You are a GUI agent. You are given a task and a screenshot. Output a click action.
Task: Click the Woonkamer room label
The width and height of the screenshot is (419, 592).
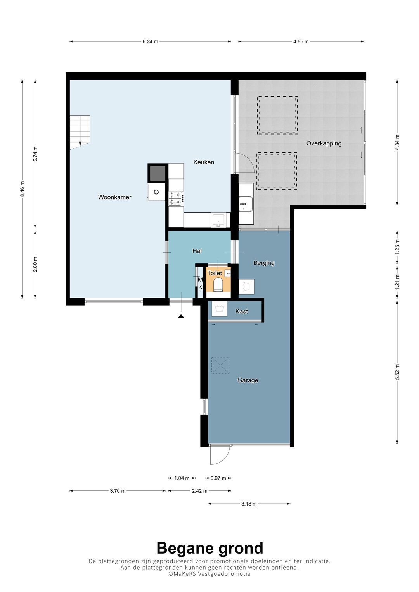click(x=114, y=197)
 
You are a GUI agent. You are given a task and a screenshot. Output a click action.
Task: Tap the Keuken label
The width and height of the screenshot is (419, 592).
click(x=204, y=162)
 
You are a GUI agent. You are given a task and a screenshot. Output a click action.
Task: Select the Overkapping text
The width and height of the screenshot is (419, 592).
click(x=324, y=143)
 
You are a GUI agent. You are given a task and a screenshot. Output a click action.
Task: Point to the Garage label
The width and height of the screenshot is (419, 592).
click(x=248, y=380)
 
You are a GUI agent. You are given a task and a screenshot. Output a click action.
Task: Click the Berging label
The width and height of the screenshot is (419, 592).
click(x=264, y=263)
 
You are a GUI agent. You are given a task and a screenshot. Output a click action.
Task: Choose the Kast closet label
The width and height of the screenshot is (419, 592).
click(x=241, y=311)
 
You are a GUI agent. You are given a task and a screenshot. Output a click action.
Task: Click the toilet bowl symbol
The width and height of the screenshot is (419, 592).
click(x=218, y=285)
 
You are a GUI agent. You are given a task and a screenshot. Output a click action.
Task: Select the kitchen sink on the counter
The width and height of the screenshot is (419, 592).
click(x=218, y=220)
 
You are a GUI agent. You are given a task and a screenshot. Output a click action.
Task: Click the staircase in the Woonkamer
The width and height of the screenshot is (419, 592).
click(x=80, y=132)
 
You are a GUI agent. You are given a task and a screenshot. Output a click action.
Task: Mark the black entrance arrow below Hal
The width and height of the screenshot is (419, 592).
click(x=181, y=316)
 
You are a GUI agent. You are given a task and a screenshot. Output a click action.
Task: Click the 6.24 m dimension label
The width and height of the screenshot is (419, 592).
click(x=150, y=41)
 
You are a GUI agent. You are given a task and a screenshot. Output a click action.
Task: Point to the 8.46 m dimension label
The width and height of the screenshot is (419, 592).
click(x=22, y=189)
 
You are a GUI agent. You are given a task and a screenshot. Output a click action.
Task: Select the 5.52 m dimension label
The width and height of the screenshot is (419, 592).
click(x=397, y=372)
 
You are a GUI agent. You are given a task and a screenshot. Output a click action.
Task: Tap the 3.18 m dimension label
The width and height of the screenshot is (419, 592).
click(x=249, y=504)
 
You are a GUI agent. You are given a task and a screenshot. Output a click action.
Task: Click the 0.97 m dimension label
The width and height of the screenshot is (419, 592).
click(x=218, y=478)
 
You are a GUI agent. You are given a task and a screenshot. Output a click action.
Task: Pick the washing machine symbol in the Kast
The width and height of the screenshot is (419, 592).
click(x=220, y=309)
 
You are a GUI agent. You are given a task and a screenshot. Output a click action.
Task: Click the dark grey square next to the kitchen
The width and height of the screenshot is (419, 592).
click(x=158, y=173)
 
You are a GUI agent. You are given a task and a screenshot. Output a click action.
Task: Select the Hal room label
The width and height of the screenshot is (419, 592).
click(x=197, y=251)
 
